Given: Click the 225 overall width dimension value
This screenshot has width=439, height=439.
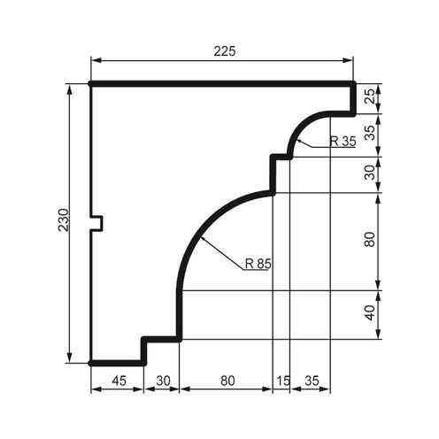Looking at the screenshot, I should coord(224,51).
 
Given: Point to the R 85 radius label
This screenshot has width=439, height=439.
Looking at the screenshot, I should coord(258,262).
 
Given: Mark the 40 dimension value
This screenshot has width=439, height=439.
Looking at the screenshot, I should coord(370,315).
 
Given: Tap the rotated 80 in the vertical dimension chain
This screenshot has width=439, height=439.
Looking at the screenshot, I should coord(370,241).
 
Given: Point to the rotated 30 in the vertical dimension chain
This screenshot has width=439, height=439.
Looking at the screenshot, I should coord(370,174).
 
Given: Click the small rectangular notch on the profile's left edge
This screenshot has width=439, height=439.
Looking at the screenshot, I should coord(98,222).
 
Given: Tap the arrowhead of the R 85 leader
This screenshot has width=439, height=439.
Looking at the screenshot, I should coord(202,239).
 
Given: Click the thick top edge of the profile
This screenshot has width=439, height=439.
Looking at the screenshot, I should coord(221,84).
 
